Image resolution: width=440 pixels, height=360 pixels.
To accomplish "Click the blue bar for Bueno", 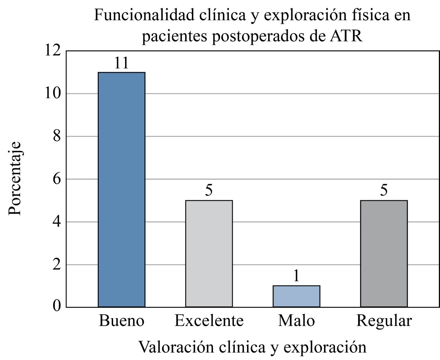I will tap(122, 189).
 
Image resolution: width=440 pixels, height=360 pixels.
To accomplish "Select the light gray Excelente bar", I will tap(209, 253).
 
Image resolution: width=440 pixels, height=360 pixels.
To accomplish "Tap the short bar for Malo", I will tap(296, 296).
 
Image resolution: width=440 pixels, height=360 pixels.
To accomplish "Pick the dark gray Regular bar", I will tap(384, 253).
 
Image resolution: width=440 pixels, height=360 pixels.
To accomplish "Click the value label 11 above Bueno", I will tap(121, 63).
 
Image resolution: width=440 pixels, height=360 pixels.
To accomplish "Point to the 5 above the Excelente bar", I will tap(209, 191).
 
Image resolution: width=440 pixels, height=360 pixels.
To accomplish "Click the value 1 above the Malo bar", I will tap(296, 276).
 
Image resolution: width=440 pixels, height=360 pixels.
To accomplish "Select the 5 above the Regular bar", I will tap(384, 191).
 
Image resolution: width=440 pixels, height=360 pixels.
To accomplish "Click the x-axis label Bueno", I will tap(122, 321).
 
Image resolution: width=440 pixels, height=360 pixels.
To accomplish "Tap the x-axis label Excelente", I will tap(209, 321).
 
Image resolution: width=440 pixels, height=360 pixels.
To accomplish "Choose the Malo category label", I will tap(296, 321).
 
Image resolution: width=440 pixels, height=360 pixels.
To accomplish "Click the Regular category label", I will tap(384, 321).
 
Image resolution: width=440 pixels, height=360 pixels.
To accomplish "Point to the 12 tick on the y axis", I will tap(53, 51).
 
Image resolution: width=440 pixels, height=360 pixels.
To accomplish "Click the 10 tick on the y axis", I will tap(53, 94).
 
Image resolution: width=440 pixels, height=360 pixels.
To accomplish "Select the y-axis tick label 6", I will tap(57, 179).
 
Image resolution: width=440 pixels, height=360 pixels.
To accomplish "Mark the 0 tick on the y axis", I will tap(57, 307).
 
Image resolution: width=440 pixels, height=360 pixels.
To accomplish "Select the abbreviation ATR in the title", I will tap(346, 36).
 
